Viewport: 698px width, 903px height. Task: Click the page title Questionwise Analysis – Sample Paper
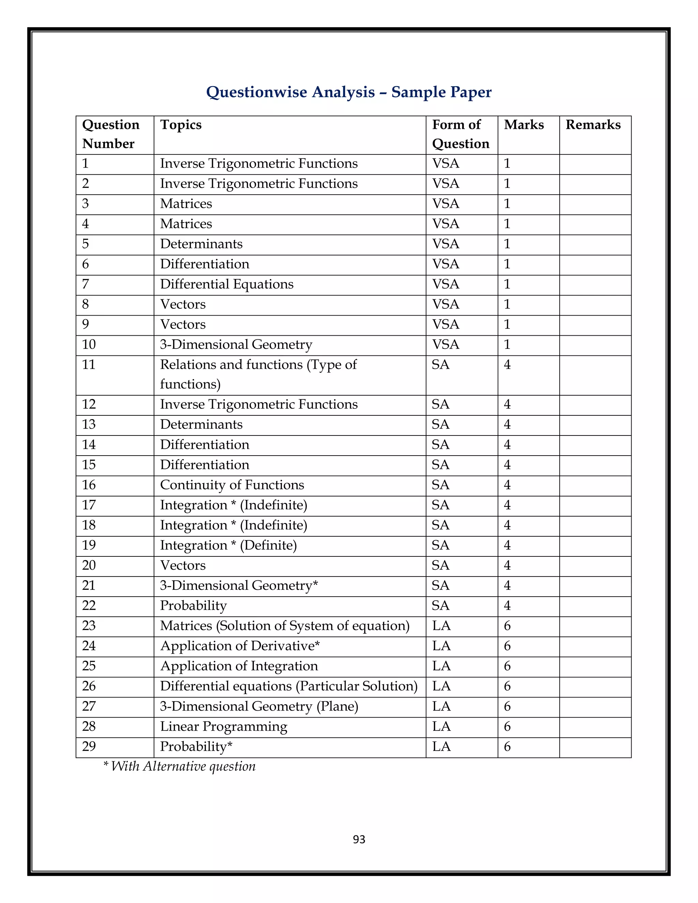[349, 92]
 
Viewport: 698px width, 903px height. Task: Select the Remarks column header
[593, 124]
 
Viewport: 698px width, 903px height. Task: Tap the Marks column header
[523, 124]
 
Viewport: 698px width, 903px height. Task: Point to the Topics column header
[181, 124]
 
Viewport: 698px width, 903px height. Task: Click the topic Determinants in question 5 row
[201, 244]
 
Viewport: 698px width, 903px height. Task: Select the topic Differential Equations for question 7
[227, 284]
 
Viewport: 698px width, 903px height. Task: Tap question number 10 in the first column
[89, 345]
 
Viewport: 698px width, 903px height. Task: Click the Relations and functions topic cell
[258, 374]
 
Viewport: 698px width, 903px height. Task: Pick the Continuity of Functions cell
[232, 485]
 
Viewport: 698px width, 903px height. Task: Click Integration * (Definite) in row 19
[228, 545]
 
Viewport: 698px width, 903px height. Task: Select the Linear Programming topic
[223, 726]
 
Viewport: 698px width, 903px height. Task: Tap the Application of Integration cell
[239, 666]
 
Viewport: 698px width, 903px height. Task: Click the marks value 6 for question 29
[507, 747]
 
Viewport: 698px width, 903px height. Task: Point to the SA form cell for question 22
[440, 606]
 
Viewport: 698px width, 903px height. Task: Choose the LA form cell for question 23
[441, 626]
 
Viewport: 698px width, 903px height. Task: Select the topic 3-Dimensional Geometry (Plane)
[259, 706]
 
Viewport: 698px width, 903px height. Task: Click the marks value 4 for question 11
[507, 365]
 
